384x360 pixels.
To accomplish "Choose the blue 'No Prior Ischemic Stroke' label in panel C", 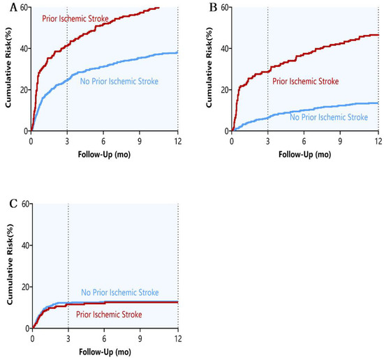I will click(x=120, y=292).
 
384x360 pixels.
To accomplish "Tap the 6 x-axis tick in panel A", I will click(x=104, y=139).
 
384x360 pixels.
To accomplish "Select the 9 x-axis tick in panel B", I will click(x=342, y=139).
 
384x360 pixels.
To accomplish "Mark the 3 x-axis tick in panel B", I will click(x=269, y=139).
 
